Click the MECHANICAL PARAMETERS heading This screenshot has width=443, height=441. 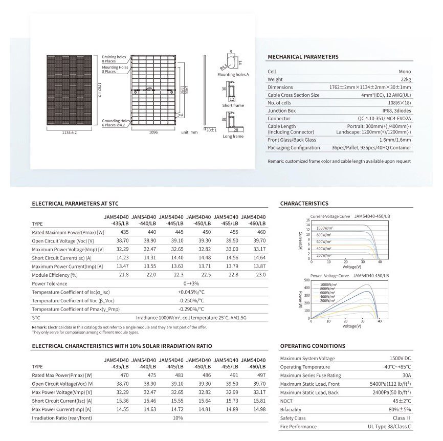[303, 57]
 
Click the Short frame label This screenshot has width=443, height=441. [233, 105]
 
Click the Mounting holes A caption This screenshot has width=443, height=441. [233, 75]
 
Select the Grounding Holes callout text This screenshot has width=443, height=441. [115, 121]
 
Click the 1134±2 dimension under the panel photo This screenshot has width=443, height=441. [69, 133]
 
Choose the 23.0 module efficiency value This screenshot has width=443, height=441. [253, 275]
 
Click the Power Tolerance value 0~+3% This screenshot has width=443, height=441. [178, 283]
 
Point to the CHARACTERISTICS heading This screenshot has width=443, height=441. [304, 204]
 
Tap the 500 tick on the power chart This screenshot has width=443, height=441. [306, 280]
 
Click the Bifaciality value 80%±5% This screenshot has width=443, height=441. [400, 409]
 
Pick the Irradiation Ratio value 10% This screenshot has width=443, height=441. [178, 418]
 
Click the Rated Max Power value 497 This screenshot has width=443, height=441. [253, 376]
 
